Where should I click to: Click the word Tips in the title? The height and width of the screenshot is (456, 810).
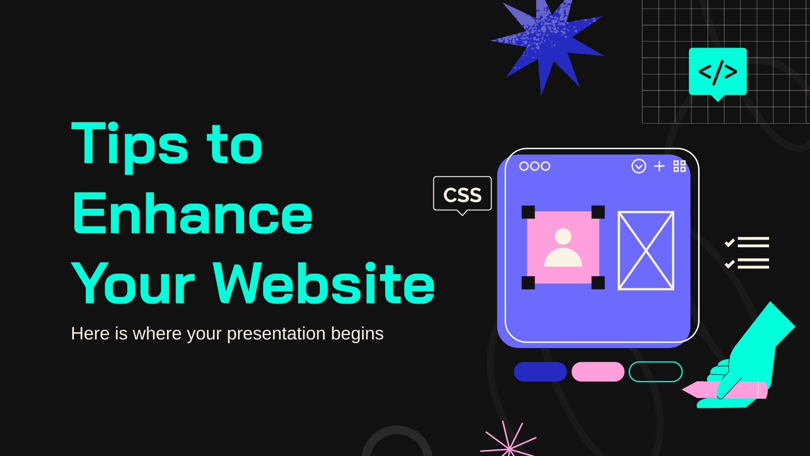pos(130,147)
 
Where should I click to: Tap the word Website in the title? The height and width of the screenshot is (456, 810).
pos(323,283)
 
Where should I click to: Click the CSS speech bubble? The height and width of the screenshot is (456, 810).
pos(462,195)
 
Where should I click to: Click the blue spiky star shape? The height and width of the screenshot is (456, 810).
pos(547,44)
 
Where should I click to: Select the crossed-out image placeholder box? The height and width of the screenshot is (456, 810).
pos(646,250)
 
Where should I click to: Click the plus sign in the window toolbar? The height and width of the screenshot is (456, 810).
pos(659,166)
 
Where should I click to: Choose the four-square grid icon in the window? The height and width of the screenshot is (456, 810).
pos(679,166)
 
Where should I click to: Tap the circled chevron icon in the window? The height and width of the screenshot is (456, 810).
pos(638,166)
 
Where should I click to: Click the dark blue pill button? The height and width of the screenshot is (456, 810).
pos(540,372)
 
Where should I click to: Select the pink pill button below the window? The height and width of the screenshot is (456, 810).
pos(598,372)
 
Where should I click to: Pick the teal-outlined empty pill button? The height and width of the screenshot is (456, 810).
pos(656,372)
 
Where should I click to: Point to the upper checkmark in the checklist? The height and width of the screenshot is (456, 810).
pos(730,243)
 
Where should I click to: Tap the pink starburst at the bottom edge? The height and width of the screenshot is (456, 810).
pos(508,440)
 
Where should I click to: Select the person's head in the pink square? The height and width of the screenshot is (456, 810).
pos(563,236)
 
